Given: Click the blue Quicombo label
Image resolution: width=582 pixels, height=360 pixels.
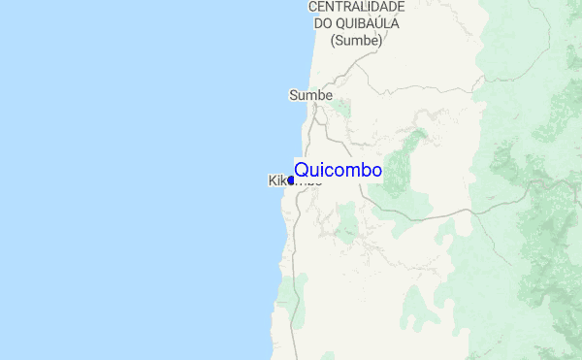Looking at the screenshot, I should pos(338,171).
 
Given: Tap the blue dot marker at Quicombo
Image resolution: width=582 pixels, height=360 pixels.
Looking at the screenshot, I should pos(290,180).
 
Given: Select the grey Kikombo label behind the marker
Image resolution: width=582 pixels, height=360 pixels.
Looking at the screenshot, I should pos(276,180).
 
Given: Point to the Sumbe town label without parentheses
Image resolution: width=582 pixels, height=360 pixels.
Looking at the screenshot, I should pos(310,95).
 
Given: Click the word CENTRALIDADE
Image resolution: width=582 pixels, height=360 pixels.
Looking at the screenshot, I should pos(356,7).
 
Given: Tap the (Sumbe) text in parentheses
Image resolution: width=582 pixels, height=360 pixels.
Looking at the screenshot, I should pos(356,41).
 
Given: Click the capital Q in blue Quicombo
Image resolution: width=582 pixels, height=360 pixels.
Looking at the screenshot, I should pos(301,171).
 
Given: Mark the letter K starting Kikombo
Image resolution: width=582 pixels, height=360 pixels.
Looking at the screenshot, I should pos(271,180).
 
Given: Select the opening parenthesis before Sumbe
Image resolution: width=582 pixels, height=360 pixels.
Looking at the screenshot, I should pos(333,41).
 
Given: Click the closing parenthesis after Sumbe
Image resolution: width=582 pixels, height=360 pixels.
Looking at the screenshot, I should pos(379,41).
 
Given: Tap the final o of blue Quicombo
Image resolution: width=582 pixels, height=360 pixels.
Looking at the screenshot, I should pos(376,171).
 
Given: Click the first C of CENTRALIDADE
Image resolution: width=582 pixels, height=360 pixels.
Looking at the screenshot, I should pos(313,7).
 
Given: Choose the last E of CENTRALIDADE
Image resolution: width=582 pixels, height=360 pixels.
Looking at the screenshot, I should pos(400,7).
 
